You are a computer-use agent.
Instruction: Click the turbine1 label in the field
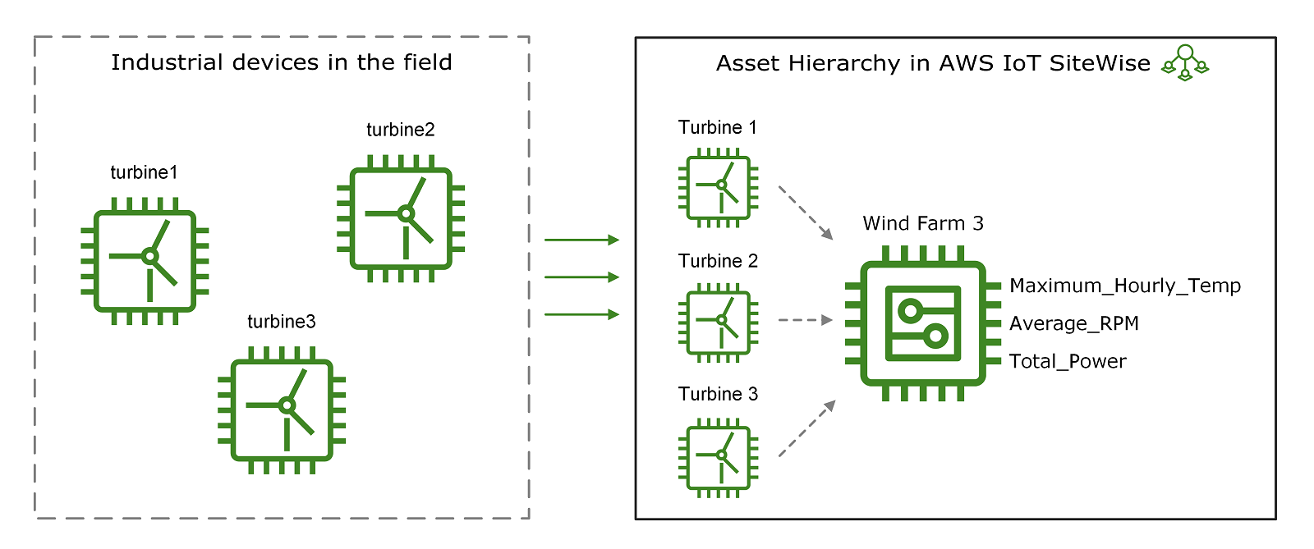click(144, 172)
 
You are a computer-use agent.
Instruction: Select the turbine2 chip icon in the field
click(401, 218)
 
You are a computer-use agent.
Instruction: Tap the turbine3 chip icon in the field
click(282, 409)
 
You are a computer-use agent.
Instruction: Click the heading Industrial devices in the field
click(282, 62)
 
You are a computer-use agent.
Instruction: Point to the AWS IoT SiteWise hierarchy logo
click(1184, 63)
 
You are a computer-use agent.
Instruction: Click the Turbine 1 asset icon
click(719, 187)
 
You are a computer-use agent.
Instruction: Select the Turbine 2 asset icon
click(719, 322)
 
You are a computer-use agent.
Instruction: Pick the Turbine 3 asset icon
click(719, 456)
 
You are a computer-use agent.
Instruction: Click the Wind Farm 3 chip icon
click(922, 323)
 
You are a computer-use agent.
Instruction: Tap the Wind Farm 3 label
click(923, 223)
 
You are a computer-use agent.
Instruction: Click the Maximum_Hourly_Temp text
click(1124, 286)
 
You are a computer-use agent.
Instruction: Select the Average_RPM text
click(1073, 323)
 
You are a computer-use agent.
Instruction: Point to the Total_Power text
click(1067, 361)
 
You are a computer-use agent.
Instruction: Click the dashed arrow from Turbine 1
click(806, 213)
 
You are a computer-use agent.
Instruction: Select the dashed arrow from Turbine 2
click(805, 320)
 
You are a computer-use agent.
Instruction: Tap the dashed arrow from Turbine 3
click(806, 428)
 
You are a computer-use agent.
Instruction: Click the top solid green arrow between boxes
click(581, 240)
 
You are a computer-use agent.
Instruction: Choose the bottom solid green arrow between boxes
click(581, 314)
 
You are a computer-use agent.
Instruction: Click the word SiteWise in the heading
click(1100, 63)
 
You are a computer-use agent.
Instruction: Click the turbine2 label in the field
click(401, 130)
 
